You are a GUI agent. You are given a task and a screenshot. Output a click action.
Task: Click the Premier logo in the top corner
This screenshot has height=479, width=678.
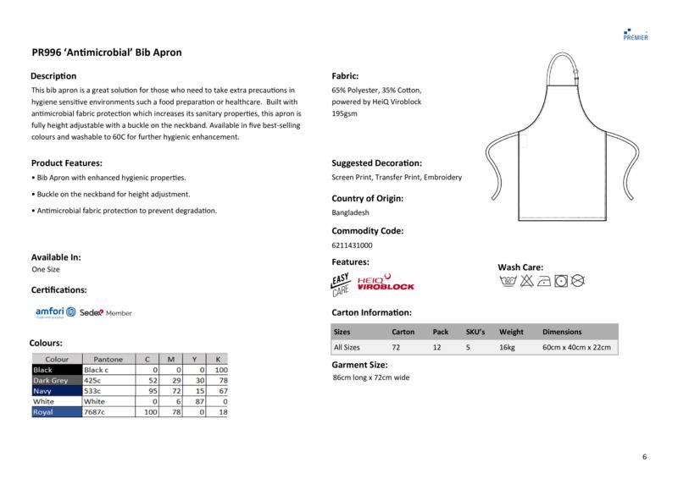[635, 33]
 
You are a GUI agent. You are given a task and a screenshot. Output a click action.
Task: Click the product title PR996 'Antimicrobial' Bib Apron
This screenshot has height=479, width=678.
[107, 52]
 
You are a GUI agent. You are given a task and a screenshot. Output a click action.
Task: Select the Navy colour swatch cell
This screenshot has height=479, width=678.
[56, 391]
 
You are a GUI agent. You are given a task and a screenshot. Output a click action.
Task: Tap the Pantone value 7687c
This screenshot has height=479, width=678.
[95, 412]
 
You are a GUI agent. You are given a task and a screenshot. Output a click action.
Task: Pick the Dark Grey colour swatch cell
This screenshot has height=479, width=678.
[56, 381]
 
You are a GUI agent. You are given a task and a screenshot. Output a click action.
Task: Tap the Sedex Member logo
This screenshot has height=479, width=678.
[105, 313]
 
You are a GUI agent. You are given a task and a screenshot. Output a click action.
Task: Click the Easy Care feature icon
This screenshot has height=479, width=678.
[341, 284]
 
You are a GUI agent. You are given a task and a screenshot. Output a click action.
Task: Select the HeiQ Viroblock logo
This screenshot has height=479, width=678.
[386, 283]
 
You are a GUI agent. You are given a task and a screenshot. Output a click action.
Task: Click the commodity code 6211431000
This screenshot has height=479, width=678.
[353, 245]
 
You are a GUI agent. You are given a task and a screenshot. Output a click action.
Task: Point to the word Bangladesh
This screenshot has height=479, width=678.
[349, 213]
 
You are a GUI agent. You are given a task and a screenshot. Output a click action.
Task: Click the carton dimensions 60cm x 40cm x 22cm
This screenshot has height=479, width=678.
[576, 348]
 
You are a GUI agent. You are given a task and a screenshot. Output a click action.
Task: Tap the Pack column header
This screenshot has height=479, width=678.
[441, 332]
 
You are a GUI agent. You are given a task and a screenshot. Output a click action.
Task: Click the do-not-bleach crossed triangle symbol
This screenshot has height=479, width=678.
[526, 280]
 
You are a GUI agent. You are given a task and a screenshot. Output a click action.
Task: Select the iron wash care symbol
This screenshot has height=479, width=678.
[543, 280]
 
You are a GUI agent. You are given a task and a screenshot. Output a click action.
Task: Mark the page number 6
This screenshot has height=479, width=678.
[644, 457]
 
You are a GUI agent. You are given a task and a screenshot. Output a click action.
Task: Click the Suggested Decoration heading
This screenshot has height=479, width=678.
[376, 163]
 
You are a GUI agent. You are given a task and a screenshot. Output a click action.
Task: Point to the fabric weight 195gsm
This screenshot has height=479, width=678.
[344, 113]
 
